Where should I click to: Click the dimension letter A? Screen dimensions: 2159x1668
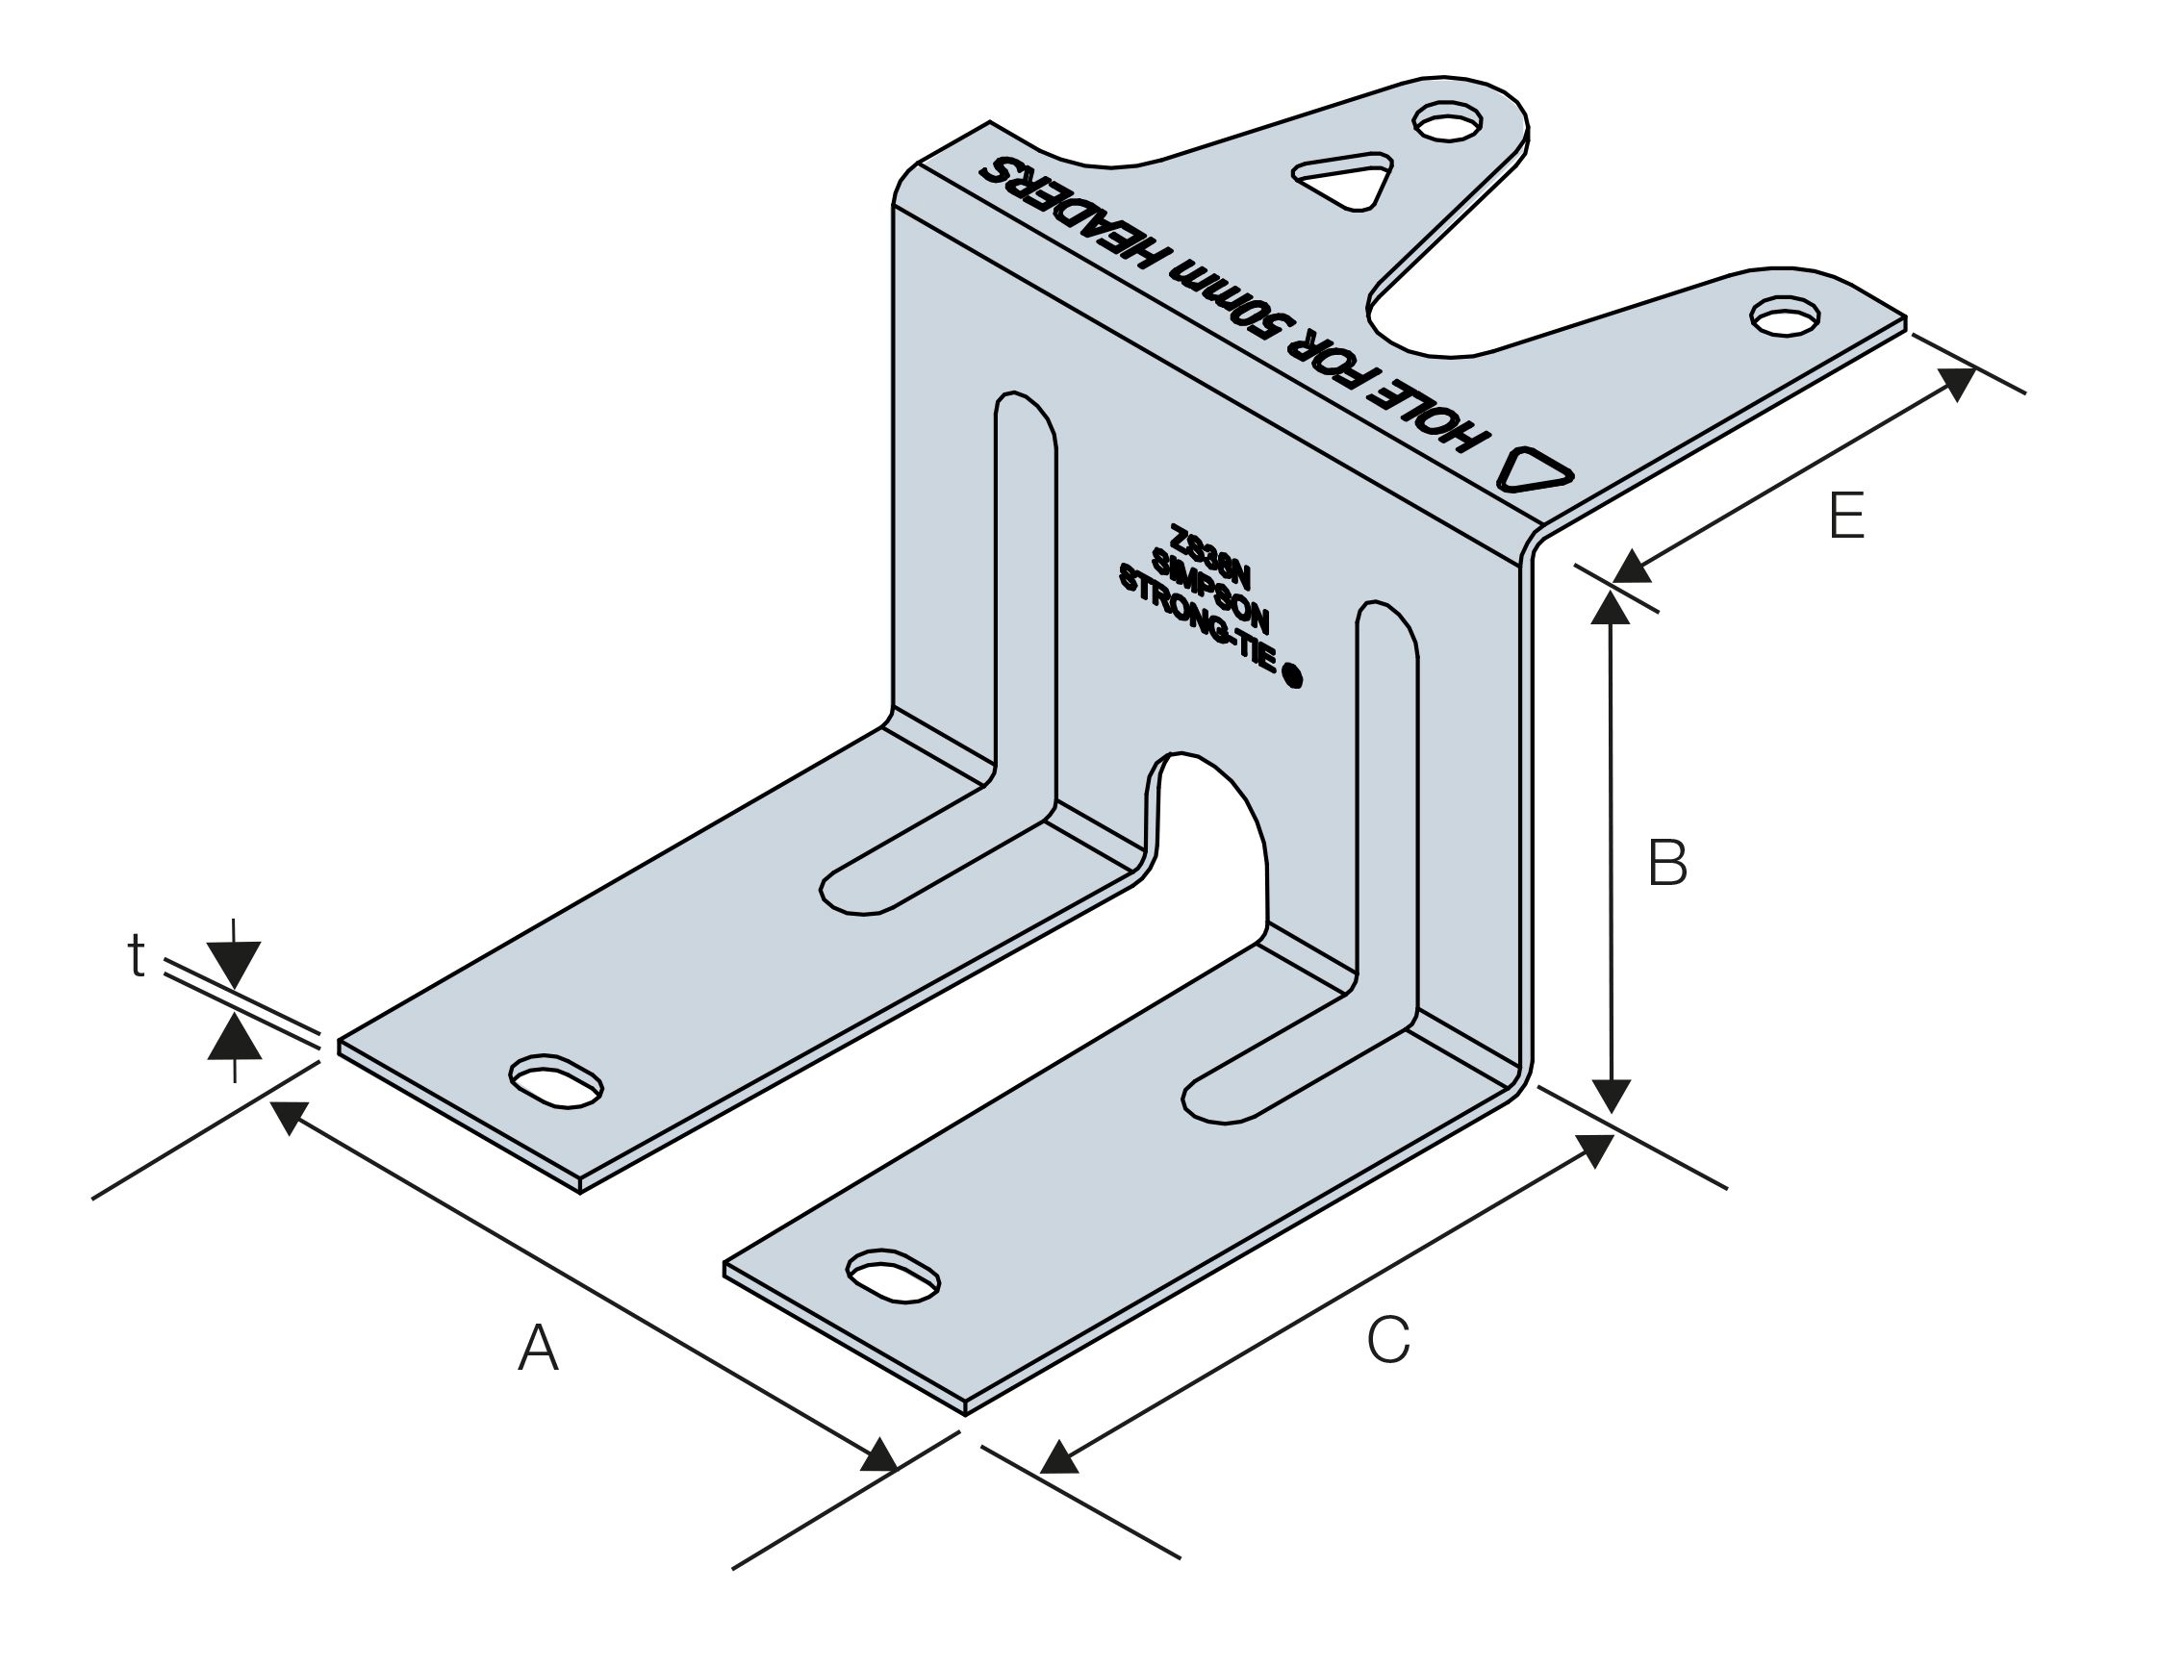(539, 1348)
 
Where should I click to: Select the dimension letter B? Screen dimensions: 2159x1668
(1667, 863)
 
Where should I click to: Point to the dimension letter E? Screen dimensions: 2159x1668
(1846, 515)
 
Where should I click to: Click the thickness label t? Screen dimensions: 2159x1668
(137, 956)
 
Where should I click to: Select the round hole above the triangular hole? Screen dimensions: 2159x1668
(1447, 122)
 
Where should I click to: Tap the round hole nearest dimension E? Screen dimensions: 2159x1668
(1785, 316)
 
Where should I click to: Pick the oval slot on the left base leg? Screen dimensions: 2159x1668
(555, 1081)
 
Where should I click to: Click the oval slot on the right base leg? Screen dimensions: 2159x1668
(894, 1276)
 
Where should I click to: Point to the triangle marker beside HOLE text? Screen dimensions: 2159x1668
(1533, 471)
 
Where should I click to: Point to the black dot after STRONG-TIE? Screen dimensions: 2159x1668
(1291, 677)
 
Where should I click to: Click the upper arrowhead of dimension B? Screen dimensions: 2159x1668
(1611, 606)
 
